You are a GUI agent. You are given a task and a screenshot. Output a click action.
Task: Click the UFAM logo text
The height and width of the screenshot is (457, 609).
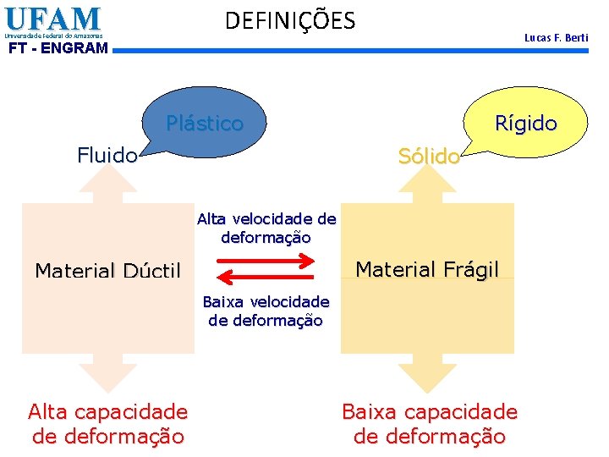pos(52,18)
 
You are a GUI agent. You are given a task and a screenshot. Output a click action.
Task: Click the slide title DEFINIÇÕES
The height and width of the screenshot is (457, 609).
pos(290,20)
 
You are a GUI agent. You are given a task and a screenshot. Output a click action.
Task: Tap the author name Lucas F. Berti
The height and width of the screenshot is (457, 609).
pos(556,38)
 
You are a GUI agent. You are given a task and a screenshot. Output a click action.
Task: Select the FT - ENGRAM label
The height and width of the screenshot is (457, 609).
pos(58,48)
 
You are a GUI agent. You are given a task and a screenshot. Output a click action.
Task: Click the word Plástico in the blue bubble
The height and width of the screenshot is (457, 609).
pos(205,124)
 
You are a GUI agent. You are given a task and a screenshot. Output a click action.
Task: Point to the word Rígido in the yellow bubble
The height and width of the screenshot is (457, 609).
pos(526,124)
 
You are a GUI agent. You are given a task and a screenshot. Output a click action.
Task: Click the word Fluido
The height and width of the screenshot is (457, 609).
pos(107,155)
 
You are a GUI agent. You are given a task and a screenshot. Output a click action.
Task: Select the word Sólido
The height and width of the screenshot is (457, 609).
pos(429,156)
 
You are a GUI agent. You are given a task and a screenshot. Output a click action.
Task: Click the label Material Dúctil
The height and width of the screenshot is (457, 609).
pos(107,271)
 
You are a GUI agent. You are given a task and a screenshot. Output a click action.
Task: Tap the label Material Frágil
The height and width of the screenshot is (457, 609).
pos(427,269)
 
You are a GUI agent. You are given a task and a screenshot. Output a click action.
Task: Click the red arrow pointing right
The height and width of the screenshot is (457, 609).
pos(266,262)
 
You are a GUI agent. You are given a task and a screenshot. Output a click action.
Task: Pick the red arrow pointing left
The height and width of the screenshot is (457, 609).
pos(266,281)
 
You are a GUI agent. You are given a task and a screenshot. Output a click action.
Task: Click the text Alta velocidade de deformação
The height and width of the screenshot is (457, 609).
pos(266,228)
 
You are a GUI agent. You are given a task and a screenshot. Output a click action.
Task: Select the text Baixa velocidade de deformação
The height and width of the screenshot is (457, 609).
pos(266,311)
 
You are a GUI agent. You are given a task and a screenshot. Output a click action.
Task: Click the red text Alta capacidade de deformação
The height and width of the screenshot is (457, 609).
pos(108,424)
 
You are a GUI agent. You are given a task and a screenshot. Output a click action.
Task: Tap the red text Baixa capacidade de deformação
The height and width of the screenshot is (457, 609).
pos(429,424)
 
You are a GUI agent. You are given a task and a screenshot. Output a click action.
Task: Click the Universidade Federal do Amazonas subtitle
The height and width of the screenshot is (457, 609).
pos(53,36)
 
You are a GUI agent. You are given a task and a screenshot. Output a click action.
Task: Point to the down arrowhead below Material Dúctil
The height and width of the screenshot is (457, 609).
pos(107,373)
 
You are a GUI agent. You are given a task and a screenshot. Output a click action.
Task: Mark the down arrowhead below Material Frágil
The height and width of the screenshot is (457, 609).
pos(427,373)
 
